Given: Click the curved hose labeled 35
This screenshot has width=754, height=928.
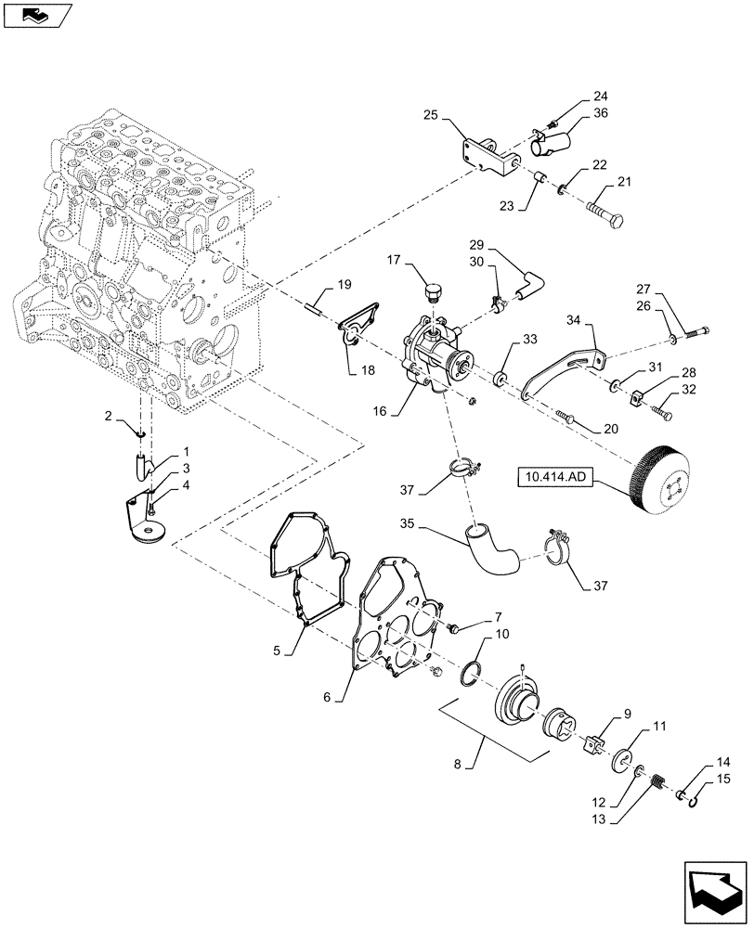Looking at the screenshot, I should click(493, 548).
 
